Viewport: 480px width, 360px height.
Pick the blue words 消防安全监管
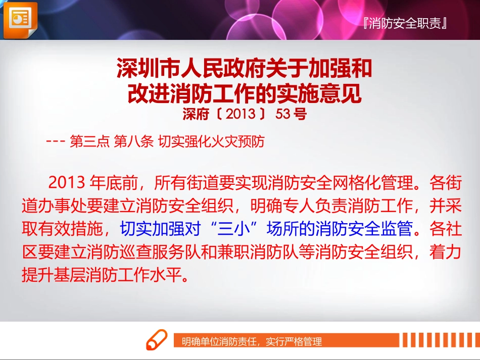click(x=364, y=230)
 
